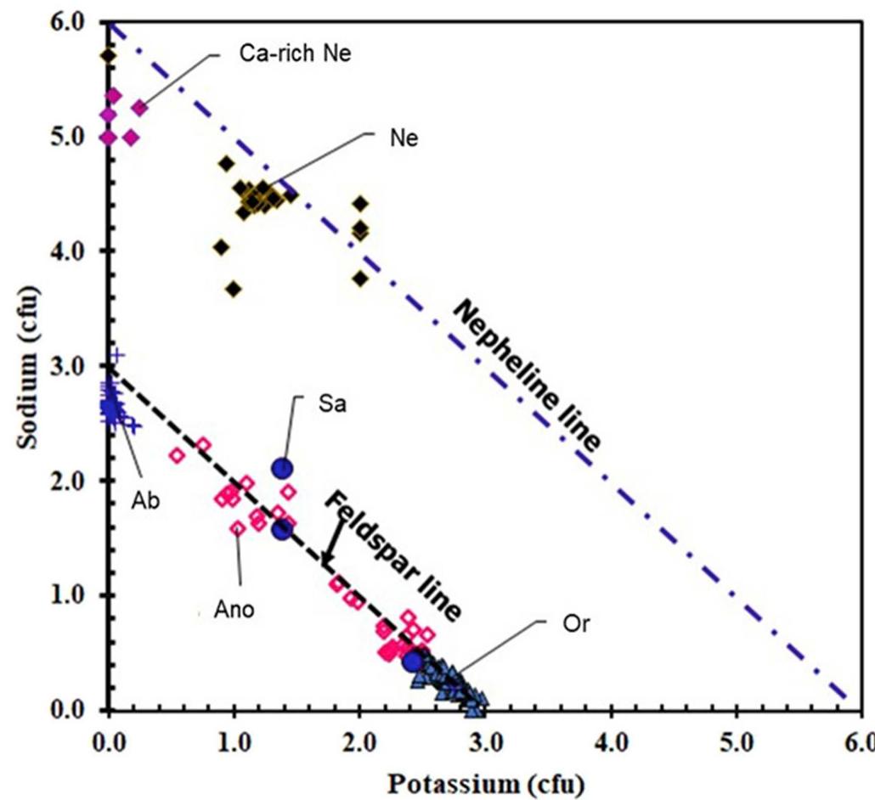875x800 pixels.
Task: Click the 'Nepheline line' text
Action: coord(527,376)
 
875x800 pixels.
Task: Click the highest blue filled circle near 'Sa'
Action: coord(281,468)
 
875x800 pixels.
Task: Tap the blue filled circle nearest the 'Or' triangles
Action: coord(413,662)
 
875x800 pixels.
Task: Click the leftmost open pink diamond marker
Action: coord(177,455)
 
